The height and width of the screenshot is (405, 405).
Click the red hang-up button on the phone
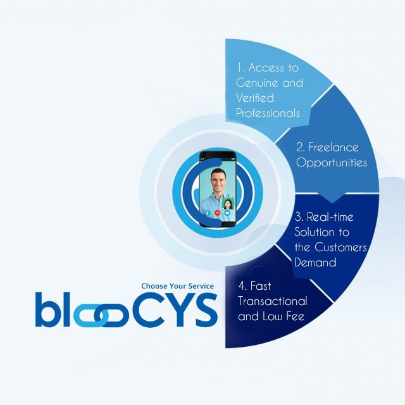pos(217,213)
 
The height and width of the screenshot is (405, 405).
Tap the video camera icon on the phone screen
pos(227,213)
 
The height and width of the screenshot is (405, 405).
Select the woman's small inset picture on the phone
pos(228,204)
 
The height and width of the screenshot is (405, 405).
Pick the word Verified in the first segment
pos(255,98)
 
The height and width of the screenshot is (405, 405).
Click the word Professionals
pos(268,113)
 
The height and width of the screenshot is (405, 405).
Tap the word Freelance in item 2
pos(333,147)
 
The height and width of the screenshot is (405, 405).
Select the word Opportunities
pos(332,163)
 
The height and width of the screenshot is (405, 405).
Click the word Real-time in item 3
pos(330,216)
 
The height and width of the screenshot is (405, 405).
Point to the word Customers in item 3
pos(341,247)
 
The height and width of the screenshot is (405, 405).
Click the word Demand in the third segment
pos(315,263)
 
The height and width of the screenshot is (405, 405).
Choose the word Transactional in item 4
pos(273,301)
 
